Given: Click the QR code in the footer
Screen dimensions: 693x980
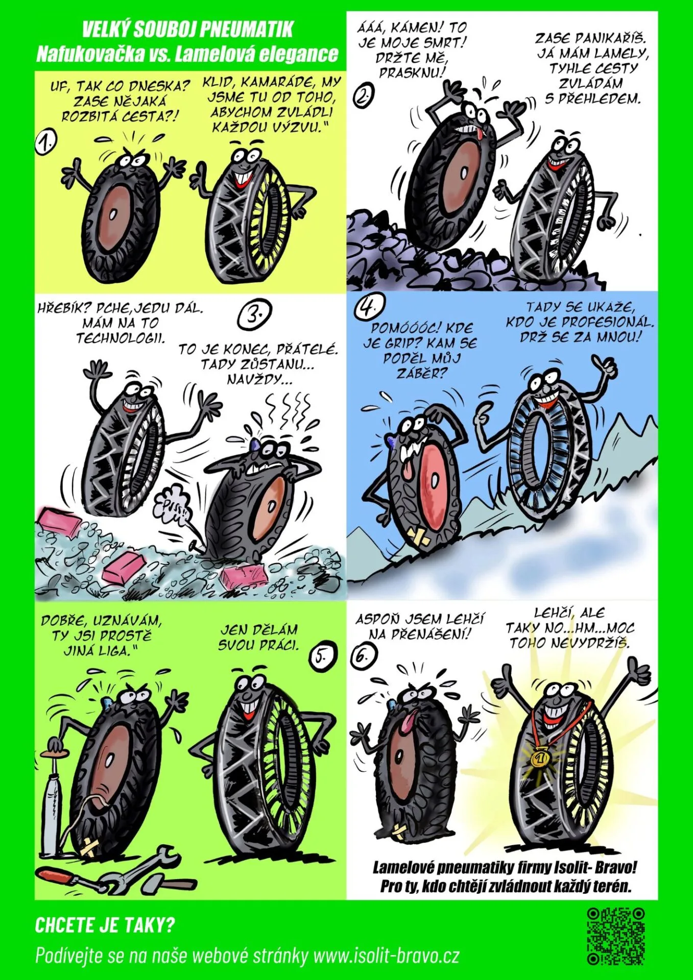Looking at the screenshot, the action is [615, 936].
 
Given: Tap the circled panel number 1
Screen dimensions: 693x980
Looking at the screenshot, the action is [45, 143].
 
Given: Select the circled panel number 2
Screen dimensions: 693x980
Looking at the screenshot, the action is [363, 96].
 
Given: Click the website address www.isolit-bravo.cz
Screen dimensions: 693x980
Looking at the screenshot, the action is [386, 955].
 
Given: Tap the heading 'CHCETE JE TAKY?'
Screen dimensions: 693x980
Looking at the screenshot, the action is [105, 925].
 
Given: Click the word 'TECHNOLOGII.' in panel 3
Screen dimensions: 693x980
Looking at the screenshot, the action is [121, 338].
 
